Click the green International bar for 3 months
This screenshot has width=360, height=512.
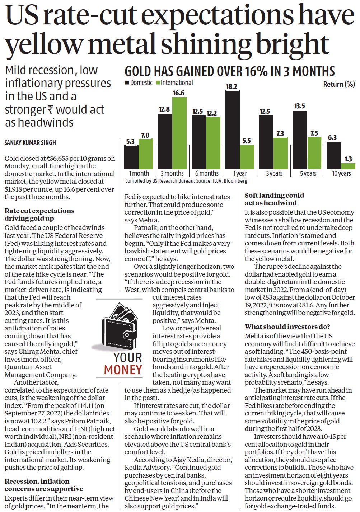click(x=179, y=133)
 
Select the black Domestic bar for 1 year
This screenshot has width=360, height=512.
click(x=233, y=130)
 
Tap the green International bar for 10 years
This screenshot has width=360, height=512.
click(x=348, y=166)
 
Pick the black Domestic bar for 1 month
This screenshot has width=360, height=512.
click(x=131, y=157)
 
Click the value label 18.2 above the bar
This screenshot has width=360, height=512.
click(x=232, y=86)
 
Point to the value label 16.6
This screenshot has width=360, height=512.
click(x=178, y=93)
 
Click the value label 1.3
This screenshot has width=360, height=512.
click(x=348, y=159)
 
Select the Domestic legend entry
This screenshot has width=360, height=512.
click(x=139, y=83)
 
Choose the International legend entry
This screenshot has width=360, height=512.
click(x=174, y=83)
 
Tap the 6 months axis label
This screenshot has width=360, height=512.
click(x=207, y=174)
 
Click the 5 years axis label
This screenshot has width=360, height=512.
click(x=308, y=174)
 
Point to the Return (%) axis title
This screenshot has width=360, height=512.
click(x=339, y=84)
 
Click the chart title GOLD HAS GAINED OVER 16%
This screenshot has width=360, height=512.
click(x=230, y=71)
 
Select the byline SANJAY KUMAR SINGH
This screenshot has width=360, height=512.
click(x=30, y=143)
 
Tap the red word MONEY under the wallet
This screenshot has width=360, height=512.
click(x=123, y=370)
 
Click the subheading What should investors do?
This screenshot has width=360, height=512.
click(x=287, y=327)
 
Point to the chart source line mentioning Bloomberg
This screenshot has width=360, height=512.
click(x=186, y=181)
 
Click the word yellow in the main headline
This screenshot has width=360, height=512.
click(x=43, y=43)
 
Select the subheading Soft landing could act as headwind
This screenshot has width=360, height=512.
click(x=274, y=199)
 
